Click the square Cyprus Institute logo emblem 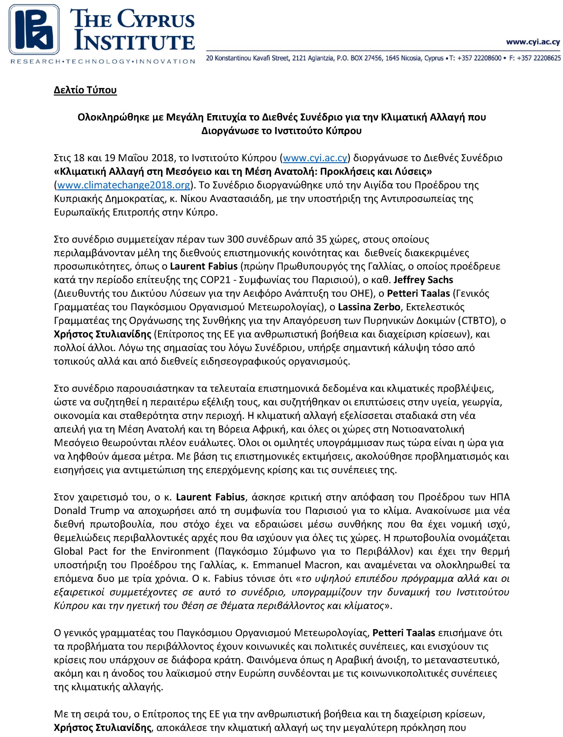point(34,29)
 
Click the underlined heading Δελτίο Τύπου point(85,91)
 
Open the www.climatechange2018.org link point(124,185)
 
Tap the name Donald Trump point(86,510)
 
